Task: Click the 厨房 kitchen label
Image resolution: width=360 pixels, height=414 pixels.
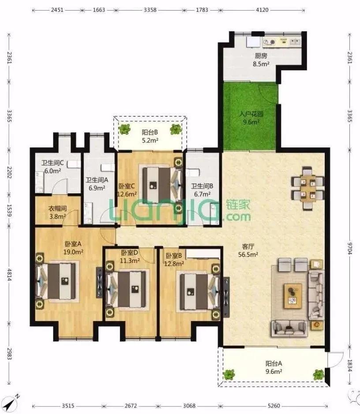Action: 261,56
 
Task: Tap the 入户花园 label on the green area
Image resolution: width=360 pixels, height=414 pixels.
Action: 251,114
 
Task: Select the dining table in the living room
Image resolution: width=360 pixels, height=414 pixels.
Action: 307,188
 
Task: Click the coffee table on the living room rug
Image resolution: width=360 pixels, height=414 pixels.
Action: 293,296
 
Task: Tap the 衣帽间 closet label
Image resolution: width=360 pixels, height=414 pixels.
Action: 58,209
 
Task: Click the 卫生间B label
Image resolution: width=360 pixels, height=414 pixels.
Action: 202,186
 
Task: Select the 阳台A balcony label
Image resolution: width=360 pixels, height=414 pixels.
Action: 274,363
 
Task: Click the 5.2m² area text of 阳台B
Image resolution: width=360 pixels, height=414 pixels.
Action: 150,140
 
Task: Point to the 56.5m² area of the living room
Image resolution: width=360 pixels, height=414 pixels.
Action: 248,254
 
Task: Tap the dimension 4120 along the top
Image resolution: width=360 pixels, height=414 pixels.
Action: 262,10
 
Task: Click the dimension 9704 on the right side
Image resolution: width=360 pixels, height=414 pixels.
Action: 350,248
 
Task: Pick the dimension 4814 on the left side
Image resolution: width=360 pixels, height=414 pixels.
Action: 9,275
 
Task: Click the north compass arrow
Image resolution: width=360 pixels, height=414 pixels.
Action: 11,403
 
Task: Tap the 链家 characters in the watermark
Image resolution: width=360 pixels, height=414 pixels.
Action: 238,205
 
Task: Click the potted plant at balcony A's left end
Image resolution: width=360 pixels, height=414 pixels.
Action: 229,374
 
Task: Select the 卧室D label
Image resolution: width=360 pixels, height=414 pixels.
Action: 129,253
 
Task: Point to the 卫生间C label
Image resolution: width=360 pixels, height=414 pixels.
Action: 52,163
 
